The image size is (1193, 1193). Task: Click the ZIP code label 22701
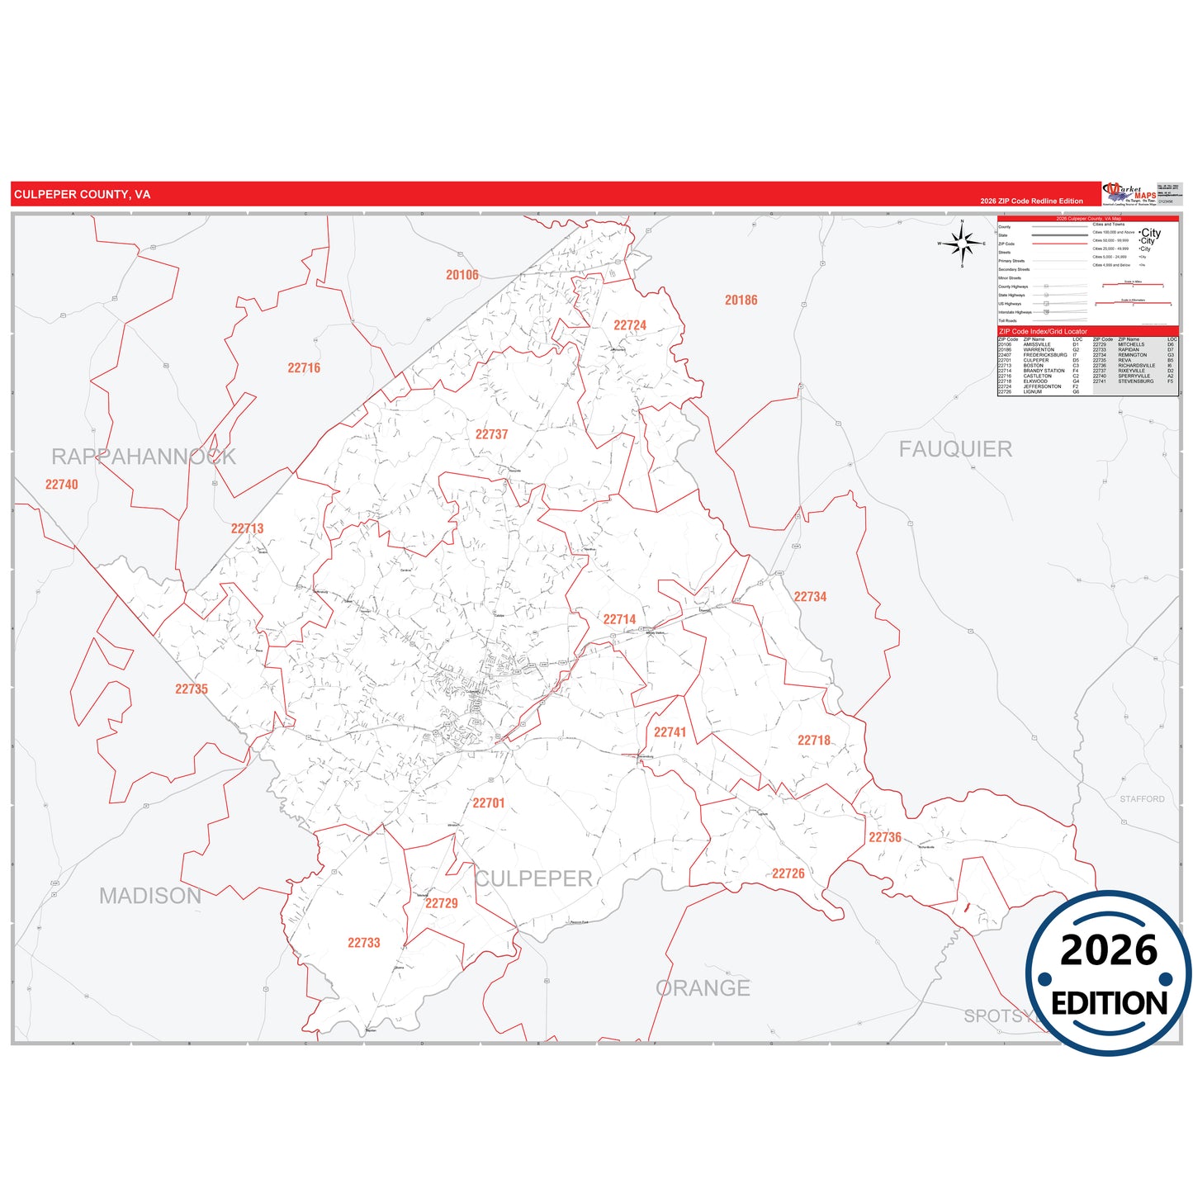(488, 802)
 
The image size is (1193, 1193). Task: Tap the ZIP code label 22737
(491, 434)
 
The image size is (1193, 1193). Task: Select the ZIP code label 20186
(741, 301)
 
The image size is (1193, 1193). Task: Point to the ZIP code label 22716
(304, 368)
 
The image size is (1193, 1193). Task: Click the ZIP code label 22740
(62, 485)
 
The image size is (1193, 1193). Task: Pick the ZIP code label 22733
(363, 943)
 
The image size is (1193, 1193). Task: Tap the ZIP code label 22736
(884, 837)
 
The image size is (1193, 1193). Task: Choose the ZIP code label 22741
(670, 732)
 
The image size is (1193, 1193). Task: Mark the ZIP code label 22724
(630, 325)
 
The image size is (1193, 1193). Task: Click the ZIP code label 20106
(462, 275)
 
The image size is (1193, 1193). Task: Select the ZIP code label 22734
(810, 597)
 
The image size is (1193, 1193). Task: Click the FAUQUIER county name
(955, 449)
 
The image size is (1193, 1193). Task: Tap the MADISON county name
(150, 896)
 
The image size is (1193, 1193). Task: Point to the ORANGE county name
(703, 988)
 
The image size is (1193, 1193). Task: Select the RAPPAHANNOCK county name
(144, 457)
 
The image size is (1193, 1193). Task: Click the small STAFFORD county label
(1142, 799)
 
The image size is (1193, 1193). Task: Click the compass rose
(962, 244)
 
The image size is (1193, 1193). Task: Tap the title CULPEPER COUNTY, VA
(82, 195)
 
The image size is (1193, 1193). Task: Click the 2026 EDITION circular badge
(1109, 974)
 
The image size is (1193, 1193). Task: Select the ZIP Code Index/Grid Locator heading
(1043, 332)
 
